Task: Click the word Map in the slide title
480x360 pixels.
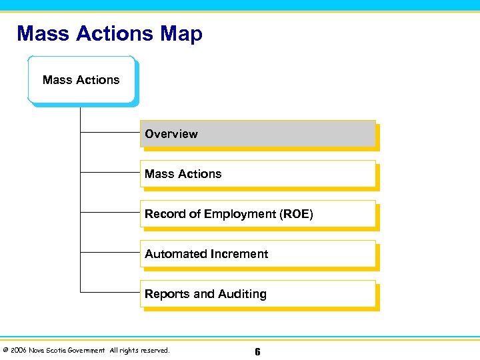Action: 181,33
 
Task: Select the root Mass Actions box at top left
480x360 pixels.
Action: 81,80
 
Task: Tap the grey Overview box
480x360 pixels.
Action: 257,134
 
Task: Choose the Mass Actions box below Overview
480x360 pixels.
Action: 257,174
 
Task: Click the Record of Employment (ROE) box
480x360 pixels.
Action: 257,214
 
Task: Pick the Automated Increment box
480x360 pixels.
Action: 257,254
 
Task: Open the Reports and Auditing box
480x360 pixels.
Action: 257,294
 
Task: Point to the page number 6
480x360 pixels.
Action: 257,351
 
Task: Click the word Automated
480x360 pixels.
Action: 175,254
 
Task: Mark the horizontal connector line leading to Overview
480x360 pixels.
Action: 110,133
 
